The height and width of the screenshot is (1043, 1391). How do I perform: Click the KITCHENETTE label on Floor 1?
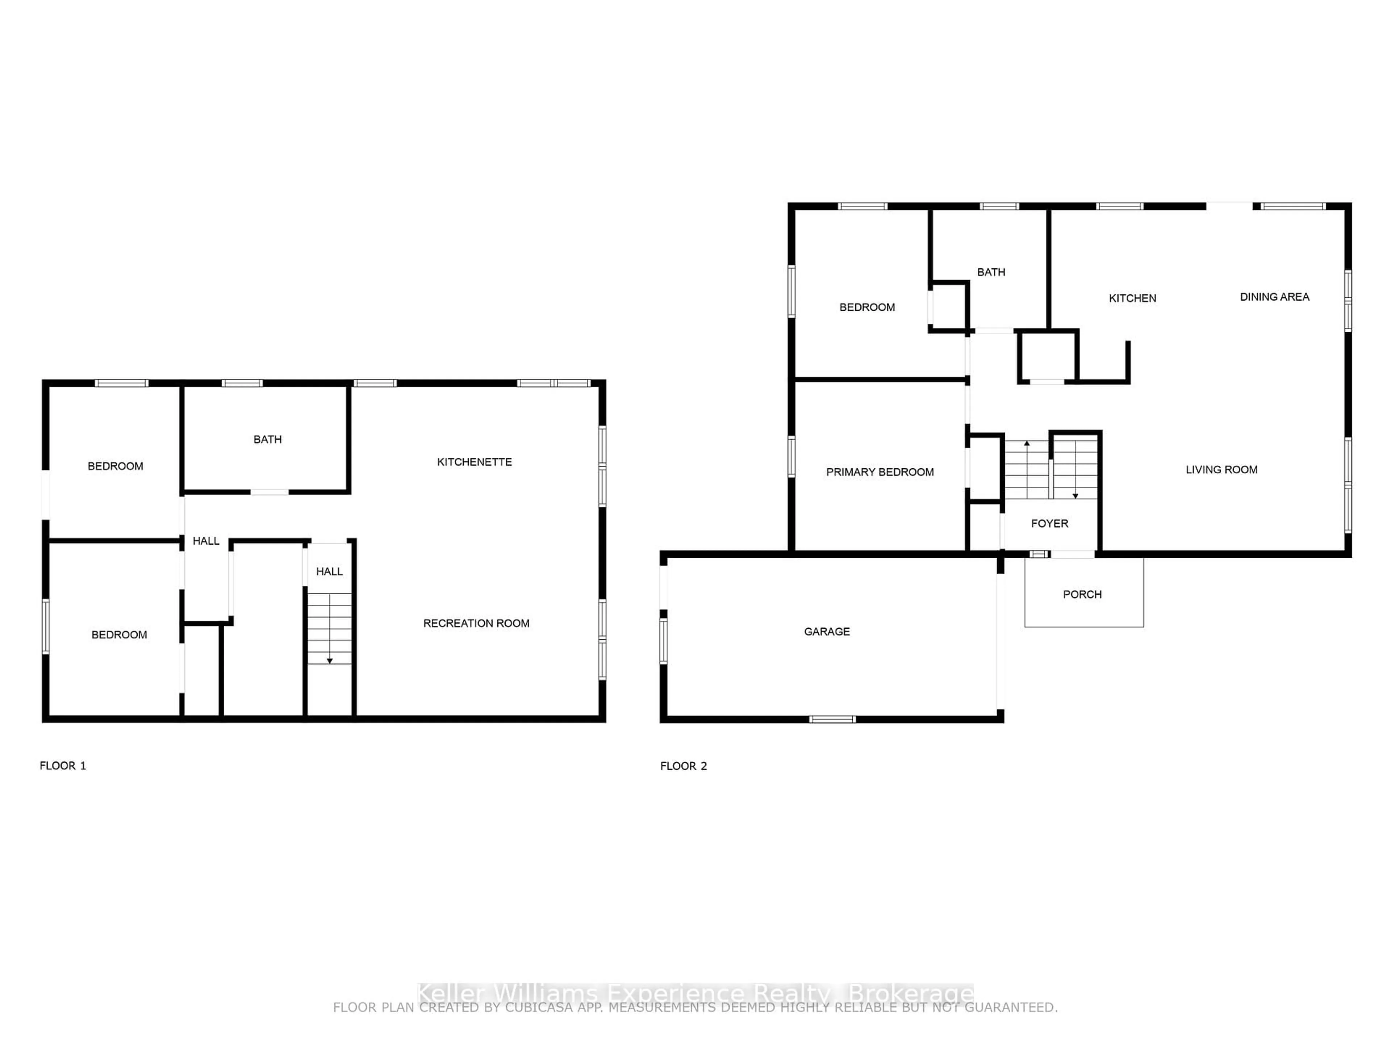pos(474,462)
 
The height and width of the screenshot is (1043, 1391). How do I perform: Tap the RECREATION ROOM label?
pos(476,623)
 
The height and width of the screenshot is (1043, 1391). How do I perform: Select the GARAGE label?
pos(826,631)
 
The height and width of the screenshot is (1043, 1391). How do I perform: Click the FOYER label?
pos(1049,523)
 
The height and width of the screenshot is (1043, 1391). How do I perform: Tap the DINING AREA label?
pos(1274,297)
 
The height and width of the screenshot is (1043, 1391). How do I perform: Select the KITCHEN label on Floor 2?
pos(1132,298)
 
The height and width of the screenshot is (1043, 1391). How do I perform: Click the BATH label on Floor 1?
pos(267,439)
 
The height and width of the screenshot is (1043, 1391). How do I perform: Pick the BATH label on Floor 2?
pos(990,272)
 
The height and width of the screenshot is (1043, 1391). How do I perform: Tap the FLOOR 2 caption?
pos(683,766)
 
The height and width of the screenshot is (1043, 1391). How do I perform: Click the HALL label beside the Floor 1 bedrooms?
pos(206,541)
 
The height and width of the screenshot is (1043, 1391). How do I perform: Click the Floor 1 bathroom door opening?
pos(269,492)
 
